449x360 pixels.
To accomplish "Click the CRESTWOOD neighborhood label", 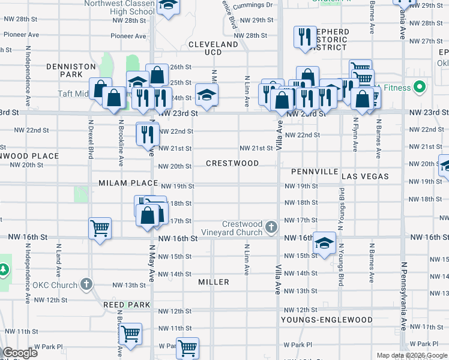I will click(232, 163).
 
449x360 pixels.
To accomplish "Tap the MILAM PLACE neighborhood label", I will click(128, 183).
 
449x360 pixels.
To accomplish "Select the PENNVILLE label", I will click(315, 172).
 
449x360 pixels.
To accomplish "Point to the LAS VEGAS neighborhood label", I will click(365, 176).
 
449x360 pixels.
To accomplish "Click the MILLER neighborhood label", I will click(214, 282).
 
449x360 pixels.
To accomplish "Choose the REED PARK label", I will click(126, 305).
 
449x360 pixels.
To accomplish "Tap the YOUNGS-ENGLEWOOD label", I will click(327, 320).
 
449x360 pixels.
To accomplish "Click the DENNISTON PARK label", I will click(79, 70).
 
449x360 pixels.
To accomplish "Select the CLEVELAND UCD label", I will click(213, 49).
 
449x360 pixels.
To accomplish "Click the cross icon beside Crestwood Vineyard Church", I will click(271, 227).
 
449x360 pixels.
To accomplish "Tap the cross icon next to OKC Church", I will click(86, 284).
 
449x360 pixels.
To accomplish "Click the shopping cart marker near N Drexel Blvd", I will click(100, 228).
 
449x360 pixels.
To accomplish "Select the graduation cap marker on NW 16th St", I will click(324, 243).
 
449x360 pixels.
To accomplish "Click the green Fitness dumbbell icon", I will click(420, 88).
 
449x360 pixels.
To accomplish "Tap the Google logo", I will click(20, 353).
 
